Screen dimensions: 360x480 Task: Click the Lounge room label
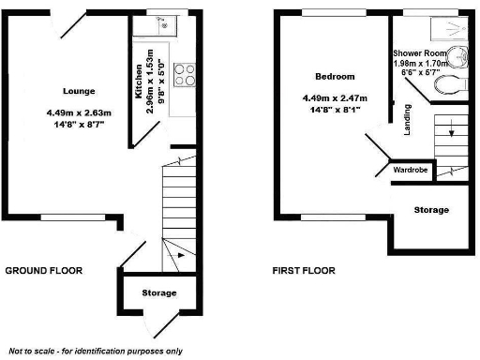coord(79,91)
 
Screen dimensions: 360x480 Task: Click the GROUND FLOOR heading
coord(44,271)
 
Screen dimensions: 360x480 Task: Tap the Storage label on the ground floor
coord(158,293)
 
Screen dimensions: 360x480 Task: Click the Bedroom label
coord(334,76)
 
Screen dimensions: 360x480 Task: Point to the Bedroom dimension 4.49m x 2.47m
coord(334,98)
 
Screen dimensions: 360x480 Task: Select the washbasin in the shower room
coord(457,57)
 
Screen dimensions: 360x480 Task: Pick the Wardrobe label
coord(411,171)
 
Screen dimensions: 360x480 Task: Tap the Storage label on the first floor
coord(430,210)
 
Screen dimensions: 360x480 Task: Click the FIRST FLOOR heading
coord(304,271)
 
